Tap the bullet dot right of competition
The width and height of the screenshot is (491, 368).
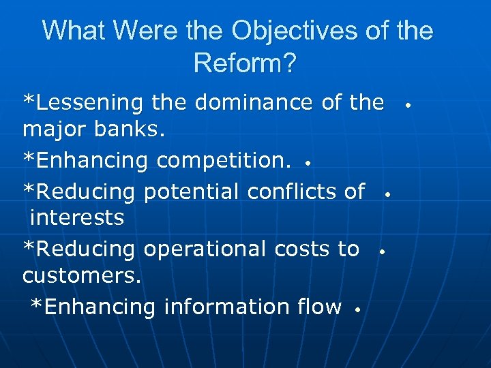pyautogui.click(x=309, y=164)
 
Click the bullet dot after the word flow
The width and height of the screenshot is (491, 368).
pyautogui.click(x=357, y=310)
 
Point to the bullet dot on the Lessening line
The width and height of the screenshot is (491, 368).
pyautogui.click(x=406, y=106)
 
